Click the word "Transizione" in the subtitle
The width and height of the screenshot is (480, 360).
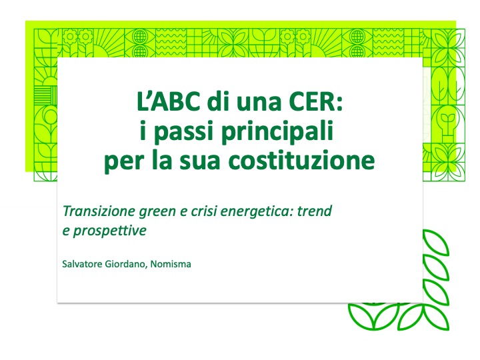click(99, 211)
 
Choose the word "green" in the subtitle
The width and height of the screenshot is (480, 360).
click(157, 212)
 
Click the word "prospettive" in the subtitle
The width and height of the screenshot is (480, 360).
click(109, 231)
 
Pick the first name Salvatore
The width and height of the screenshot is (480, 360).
click(82, 264)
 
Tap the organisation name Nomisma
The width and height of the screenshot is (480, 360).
click(171, 264)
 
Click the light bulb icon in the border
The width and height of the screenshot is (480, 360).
click(447, 124)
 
